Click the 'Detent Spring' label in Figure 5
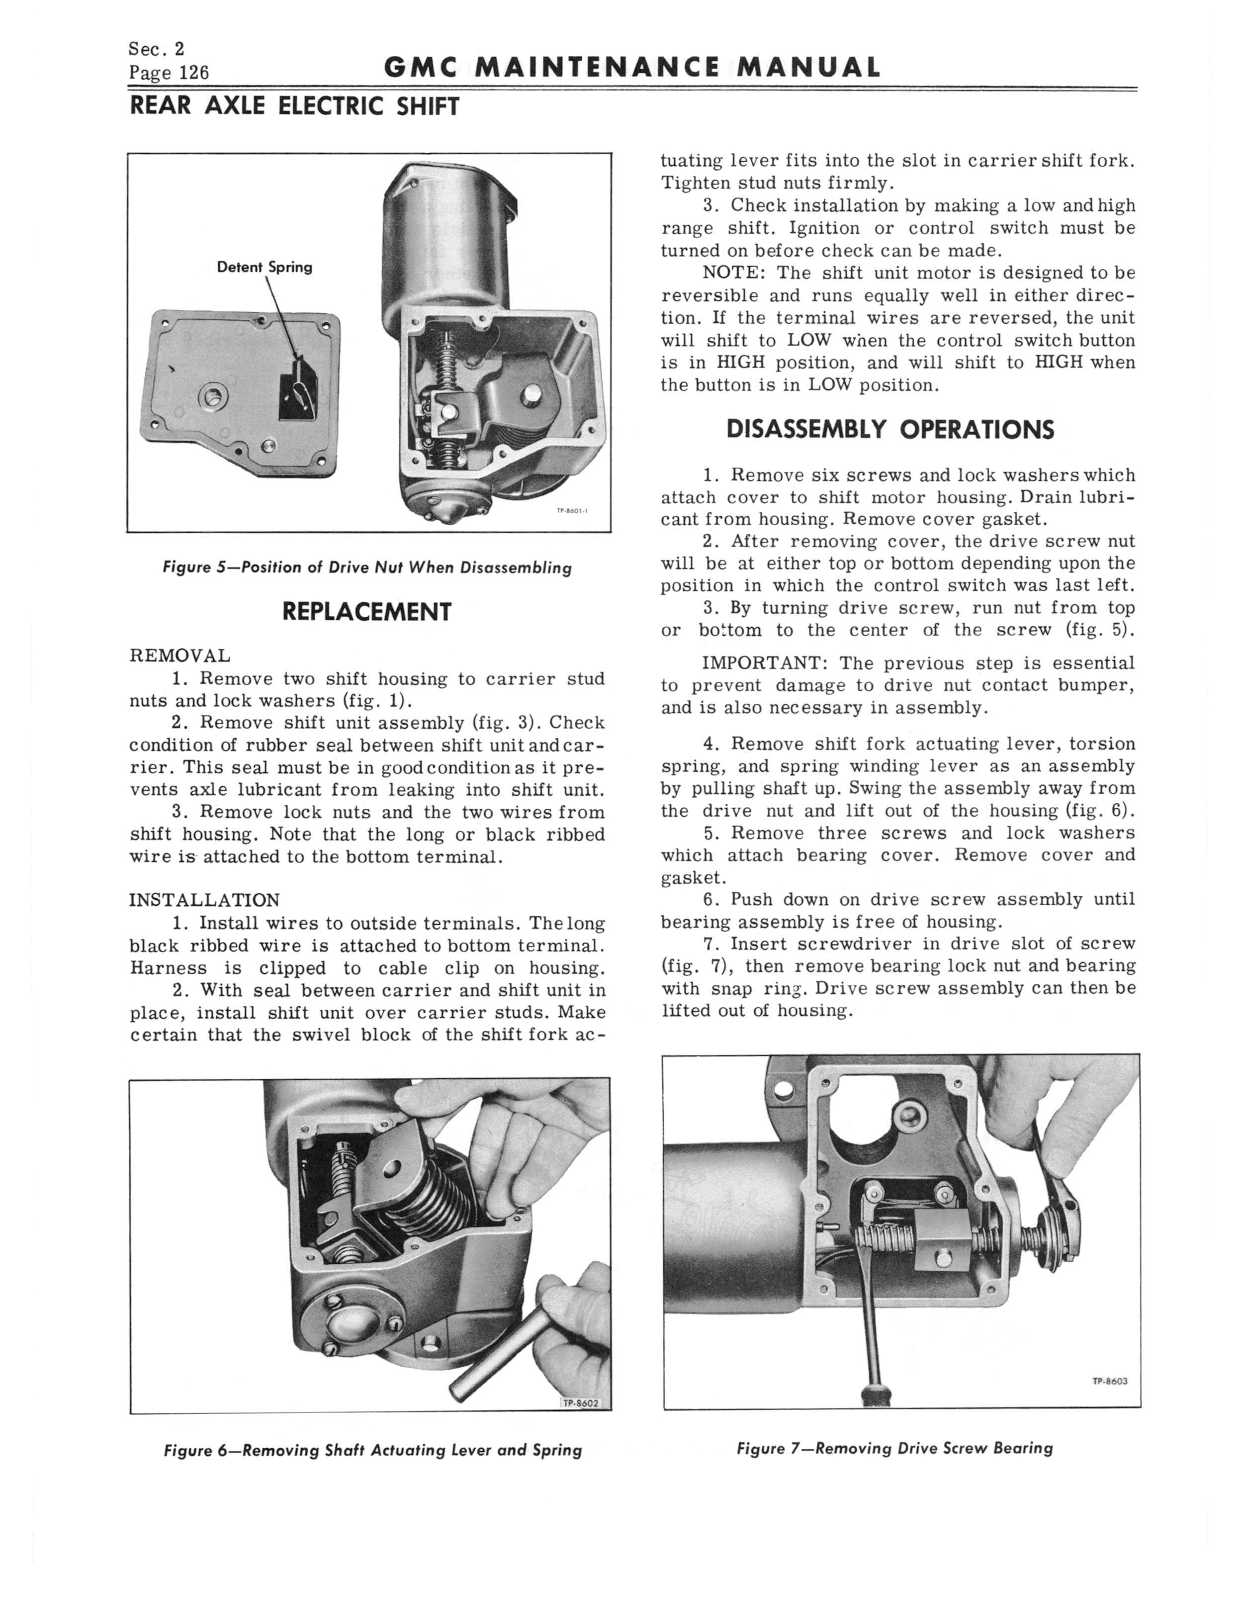(264, 267)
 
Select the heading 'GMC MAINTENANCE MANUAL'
(632, 68)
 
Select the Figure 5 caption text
(367, 567)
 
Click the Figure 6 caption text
(373, 1450)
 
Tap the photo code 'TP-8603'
(1109, 1381)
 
